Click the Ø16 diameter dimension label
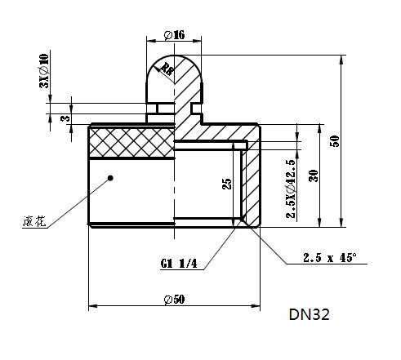coord(175,35)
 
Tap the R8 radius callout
coord(167,69)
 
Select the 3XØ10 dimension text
coord(44,71)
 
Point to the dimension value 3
coord(65,118)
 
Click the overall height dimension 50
coord(335,141)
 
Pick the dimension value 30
coord(314,176)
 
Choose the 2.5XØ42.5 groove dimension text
coord(291,189)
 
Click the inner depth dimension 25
coord(227,184)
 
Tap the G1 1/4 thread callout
coord(179,264)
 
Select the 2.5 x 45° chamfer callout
coord(330,257)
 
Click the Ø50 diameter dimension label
coord(174,300)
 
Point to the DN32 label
coord(310,314)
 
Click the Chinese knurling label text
coord(34,221)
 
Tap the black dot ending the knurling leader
coord(110,178)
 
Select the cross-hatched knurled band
coord(131,142)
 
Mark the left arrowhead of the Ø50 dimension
coord(93,306)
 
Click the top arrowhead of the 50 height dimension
coord(341,60)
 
